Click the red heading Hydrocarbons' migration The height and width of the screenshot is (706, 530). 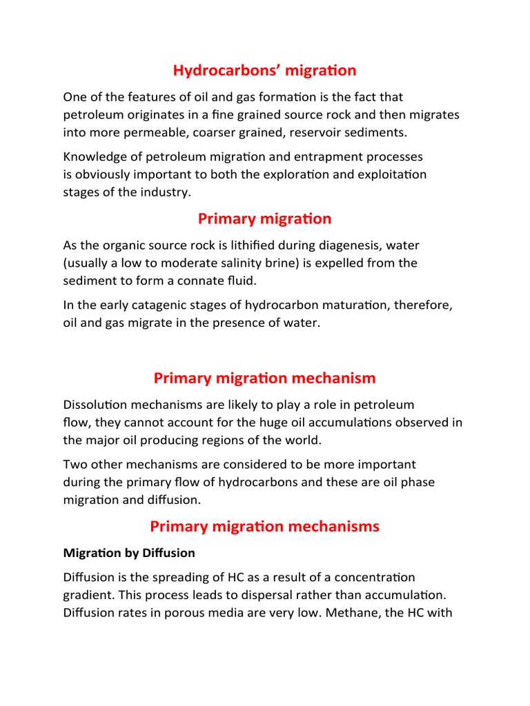click(264, 70)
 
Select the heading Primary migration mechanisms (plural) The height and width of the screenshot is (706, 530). click(264, 526)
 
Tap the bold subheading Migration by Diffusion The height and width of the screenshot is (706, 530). click(129, 553)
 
